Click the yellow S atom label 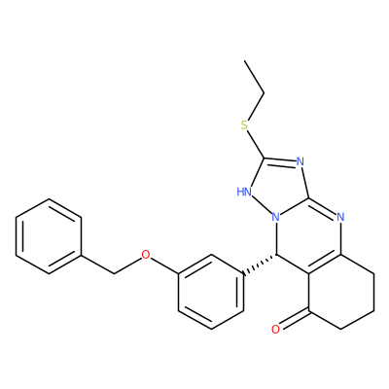click(x=244, y=124)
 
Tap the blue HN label click(x=244, y=192)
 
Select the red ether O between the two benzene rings click(x=146, y=255)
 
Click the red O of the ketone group click(x=275, y=330)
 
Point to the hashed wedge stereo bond click(x=260, y=265)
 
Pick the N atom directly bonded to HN click(x=276, y=217)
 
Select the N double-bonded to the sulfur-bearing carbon click(x=301, y=161)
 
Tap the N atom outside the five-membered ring click(x=340, y=216)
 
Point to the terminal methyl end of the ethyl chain click(x=245, y=60)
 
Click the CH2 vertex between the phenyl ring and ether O click(x=114, y=273)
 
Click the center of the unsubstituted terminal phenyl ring click(x=49, y=236)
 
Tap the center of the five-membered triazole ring click(x=278, y=187)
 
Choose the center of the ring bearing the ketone click(x=341, y=292)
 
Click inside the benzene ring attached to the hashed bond click(x=211, y=292)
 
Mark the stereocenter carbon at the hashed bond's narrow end click(x=276, y=255)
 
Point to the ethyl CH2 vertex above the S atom click(x=265, y=93)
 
